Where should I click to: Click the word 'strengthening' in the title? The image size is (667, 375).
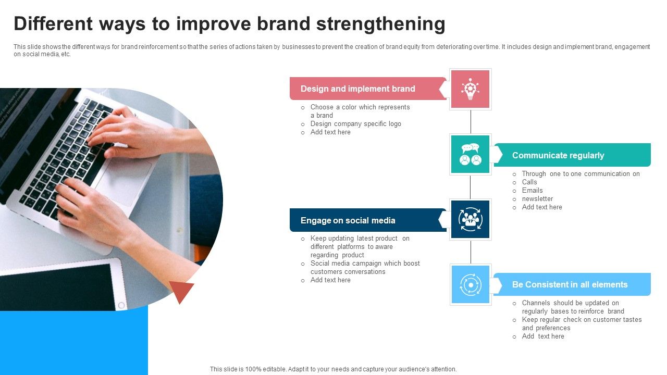pyautogui.click(x=380, y=24)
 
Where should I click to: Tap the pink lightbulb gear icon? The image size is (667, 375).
pyautogui.click(x=470, y=89)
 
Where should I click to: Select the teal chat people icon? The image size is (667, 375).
pyautogui.click(x=470, y=154)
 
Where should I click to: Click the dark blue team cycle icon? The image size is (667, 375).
pyautogui.click(x=470, y=219)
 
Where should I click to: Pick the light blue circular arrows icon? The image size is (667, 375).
pyautogui.click(x=471, y=284)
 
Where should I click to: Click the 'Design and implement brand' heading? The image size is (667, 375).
pyautogui.click(x=357, y=89)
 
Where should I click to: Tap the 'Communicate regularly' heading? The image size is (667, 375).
pyautogui.click(x=558, y=155)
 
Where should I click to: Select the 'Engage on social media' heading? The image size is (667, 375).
pyautogui.click(x=348, y=220)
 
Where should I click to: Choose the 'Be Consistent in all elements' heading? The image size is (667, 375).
pyautogui.click(x=570, y=284)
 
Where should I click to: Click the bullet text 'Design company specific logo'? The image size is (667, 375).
pyautogui.click(x=355, y=124)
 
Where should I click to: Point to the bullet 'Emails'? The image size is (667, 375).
pyautogui.click(x=532, y=191)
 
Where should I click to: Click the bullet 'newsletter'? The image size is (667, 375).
pyautogui.click(x=537, y=199)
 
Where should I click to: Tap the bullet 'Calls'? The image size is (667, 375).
pyautogui.click(x=529, y=182)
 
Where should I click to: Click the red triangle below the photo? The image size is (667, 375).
pyautogui.click(x=181, y=290)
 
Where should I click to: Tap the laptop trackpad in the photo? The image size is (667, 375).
pyautogui.click(x=123, y=182)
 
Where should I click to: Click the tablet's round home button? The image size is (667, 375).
pyautogui.click(x=121, y=305)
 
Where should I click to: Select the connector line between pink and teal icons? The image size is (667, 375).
pyautogui.click(x=471, y=122)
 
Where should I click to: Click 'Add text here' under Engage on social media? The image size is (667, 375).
pyautogui.click(x=330, y=280)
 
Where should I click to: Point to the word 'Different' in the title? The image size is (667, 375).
pyautogui.click(x=53, y=24)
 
